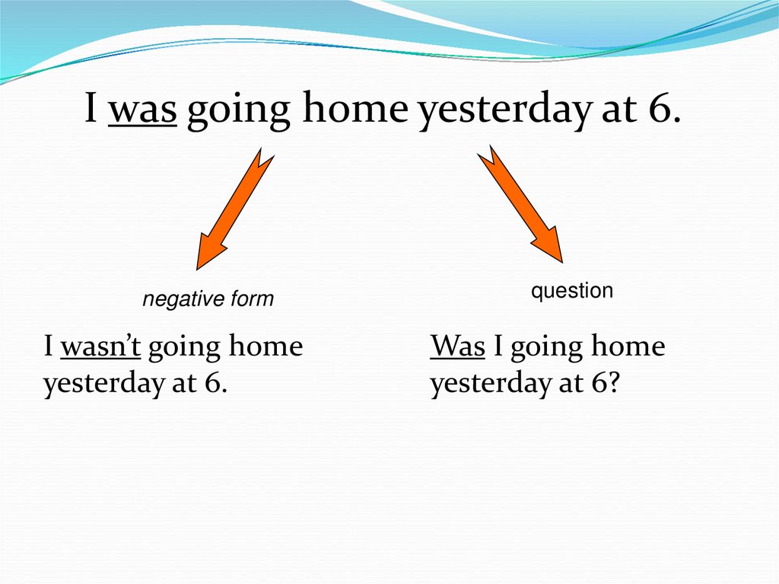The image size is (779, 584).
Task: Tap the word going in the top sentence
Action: point(238,111)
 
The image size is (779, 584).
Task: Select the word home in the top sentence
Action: point(355,107)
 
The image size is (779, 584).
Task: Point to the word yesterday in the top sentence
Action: point(505,111)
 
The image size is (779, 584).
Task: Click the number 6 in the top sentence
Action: point(660,107)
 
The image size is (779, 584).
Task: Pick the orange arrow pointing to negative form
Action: point(235,209)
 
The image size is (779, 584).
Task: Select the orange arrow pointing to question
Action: point(520,204)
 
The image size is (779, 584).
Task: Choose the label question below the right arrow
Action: point(572,291)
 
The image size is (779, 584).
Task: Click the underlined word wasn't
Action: point(100,346)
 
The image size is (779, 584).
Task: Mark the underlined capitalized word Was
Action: point(457,346)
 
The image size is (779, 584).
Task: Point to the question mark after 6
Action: point(614,382)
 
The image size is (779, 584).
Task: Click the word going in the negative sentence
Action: point(184,349)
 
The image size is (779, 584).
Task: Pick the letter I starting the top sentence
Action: point(91,107)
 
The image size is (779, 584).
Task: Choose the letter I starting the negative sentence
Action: point(48,346)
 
